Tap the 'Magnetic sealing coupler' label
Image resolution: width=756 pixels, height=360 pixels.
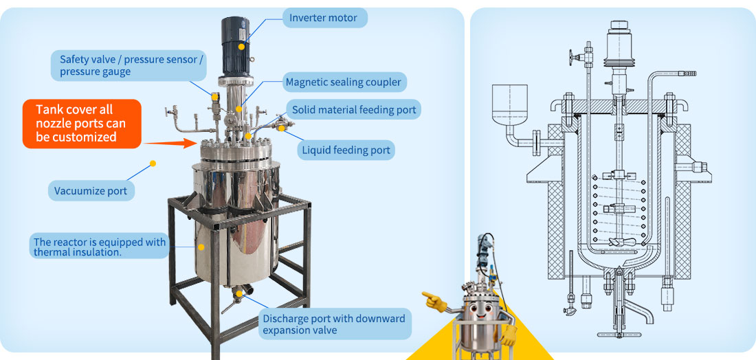343,83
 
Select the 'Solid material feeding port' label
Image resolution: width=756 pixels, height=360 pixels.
354,110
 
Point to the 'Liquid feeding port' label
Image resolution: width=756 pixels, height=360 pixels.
346,150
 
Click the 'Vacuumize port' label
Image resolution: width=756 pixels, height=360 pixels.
91,191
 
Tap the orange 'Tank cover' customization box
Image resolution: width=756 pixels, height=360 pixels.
81,123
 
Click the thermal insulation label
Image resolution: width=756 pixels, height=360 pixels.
100,247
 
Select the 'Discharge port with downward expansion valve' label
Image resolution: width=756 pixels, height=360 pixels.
333,324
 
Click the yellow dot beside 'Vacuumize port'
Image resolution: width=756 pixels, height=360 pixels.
153,164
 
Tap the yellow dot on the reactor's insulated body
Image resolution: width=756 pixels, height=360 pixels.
201,246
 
